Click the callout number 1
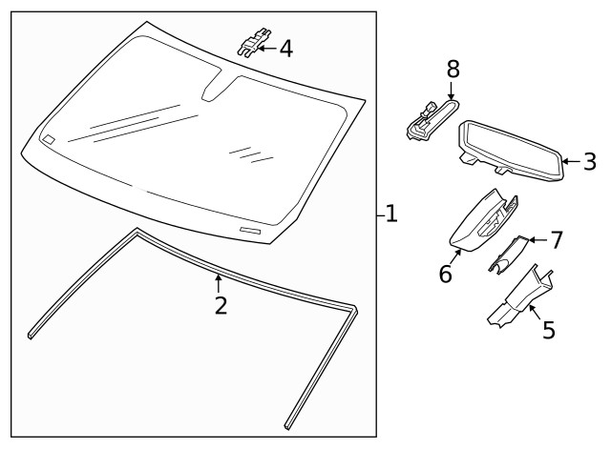click(391, 214)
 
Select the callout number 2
click(220, 306)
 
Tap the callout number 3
click(589, 161)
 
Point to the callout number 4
click(285, 48)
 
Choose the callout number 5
click(548, 330)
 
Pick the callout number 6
click(445, 274)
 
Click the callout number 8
click(453, 69)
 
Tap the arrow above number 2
click(220, 283)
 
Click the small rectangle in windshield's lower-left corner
click(49, 139)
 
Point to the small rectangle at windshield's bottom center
click(250, 232)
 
